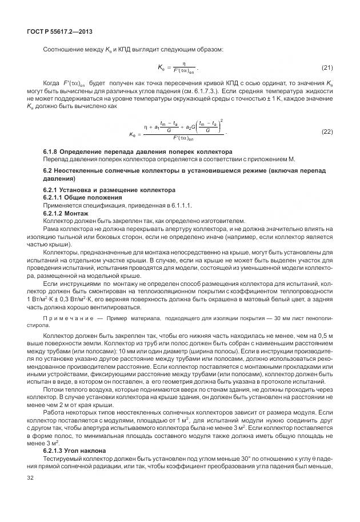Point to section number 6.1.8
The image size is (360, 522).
click(x=52, y=152)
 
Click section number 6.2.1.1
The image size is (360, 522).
click(x=55, y=197)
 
